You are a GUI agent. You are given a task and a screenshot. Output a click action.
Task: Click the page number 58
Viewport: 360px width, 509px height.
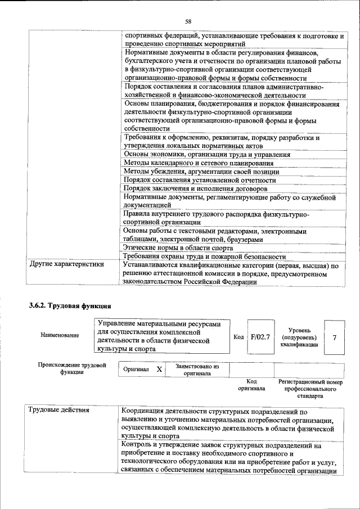[188, 21]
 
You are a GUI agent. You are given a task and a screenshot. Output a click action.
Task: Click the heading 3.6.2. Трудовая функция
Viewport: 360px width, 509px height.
[70, 307]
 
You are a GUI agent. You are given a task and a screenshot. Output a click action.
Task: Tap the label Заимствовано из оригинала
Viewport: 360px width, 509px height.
[197, 369]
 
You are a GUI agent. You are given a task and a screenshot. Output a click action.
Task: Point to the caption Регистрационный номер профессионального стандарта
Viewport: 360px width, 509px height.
[310, 388]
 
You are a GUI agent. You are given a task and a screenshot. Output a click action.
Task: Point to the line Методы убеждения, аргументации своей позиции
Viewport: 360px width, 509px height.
[201, 172]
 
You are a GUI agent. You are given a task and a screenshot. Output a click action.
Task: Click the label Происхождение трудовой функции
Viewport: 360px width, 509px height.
[71, 369]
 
